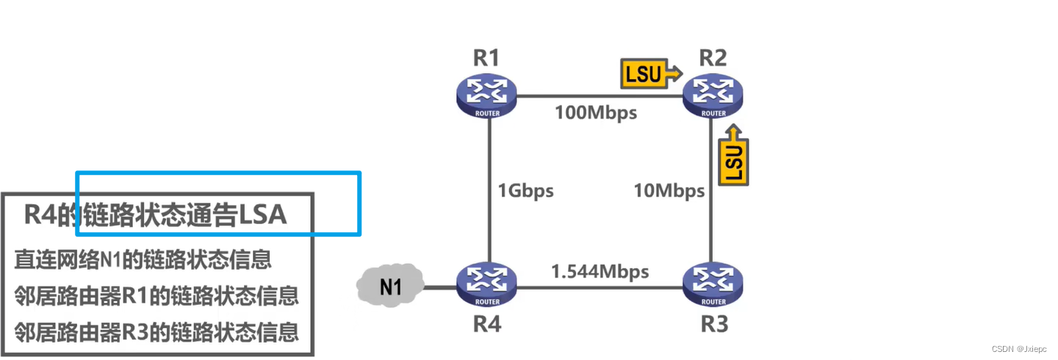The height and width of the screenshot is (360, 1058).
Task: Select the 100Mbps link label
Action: click(x=596, y=113)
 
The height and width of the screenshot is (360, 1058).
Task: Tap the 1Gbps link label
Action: click(x=525, y=191)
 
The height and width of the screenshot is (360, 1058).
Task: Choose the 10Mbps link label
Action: click(x=669, y=191)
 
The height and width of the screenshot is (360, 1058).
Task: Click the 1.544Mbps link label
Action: click(x=600, y=271)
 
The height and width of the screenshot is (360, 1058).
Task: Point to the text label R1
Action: click(x=486, y=58)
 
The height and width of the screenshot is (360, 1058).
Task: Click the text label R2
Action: click(x=713, y=58)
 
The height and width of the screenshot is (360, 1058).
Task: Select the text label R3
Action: click(x=713, y=323)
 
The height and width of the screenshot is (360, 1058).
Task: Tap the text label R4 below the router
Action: click(x=486, y=323)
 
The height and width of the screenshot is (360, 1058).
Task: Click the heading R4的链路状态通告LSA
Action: click(x=155, y=215)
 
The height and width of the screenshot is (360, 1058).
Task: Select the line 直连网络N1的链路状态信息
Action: click(x=143, y=259)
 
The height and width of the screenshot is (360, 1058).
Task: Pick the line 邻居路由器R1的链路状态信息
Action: click(x=156, y=296)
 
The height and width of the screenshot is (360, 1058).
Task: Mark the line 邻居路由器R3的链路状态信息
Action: click(x=156, y=333)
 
